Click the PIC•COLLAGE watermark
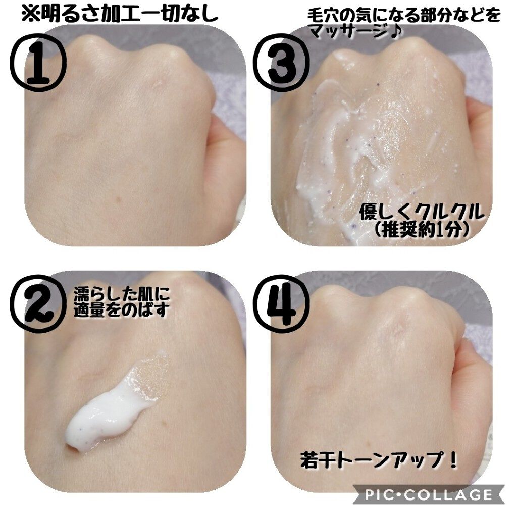pyautogui.click(x=428, y=494)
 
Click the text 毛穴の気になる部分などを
pyautogui.click(x=404, y=15)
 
